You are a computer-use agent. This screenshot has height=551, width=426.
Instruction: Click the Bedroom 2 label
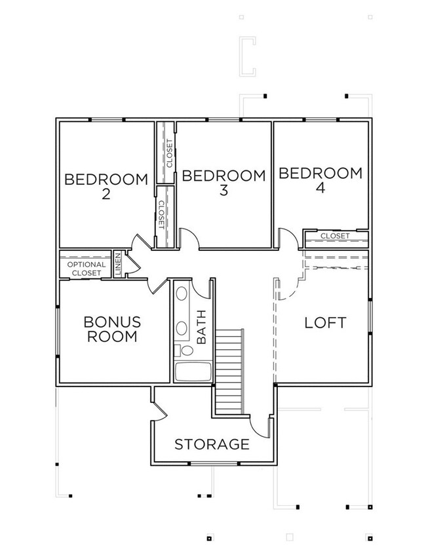(x=106, y=186)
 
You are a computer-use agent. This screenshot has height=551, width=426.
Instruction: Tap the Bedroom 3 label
(x=223, y=182)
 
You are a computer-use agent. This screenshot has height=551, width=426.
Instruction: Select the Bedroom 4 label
(x=320, y=180)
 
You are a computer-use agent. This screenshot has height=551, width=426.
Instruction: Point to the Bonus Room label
(x=113, y=330)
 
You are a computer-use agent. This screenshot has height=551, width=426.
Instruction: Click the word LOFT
(x=325, y=322)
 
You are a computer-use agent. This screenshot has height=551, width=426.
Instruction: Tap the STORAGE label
(x=212, y=444)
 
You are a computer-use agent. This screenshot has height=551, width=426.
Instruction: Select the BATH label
(x=201, y=327)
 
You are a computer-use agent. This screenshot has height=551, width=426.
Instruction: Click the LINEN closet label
(x=118, y=264)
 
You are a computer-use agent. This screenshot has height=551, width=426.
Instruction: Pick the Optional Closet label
(x=86, y=269)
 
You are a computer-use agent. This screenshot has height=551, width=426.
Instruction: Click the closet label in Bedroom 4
(x=335, y=236)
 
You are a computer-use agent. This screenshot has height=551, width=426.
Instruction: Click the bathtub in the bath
(x=193, y=371)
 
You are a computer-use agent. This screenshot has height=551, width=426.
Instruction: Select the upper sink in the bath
(x=182, y=294)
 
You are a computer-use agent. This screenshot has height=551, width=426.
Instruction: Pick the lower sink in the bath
(x=182, y=328)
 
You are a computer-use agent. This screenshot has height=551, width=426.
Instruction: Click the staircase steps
(x=229, y=371)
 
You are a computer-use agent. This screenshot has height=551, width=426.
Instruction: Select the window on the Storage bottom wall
(x=214, y=464)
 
